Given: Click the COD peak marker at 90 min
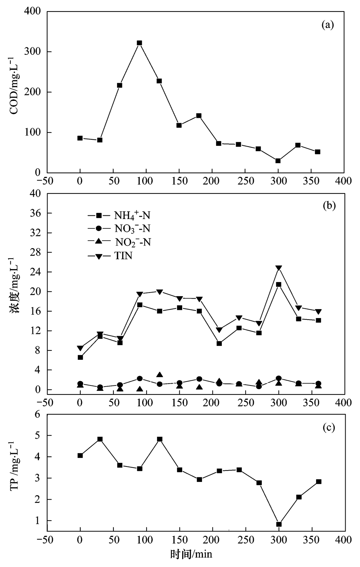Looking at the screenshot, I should pos(139,43).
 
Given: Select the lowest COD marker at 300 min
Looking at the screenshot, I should pos(278,161).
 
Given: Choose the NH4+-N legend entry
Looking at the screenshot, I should pos(119,216).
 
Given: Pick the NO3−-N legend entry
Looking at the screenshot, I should pos(119,229).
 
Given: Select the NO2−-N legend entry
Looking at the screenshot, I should pos(119,242).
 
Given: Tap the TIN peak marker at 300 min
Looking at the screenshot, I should pos(278,268).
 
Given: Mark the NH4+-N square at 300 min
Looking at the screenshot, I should pos(278,284).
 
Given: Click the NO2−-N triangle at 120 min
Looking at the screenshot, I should pos(159,375).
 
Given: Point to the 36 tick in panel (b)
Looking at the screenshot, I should pos(37,213).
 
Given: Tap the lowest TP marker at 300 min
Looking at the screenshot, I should pos(279,524).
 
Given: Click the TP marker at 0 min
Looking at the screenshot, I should pos(80,455).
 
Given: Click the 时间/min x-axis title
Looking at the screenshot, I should pos(191,554).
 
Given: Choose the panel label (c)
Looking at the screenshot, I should pos(329,428).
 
